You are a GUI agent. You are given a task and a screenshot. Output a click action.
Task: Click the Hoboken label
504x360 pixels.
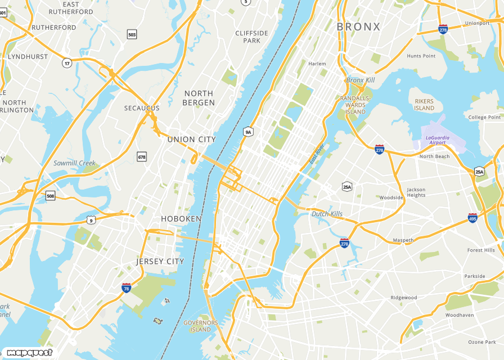pyautogui.click(x=181, y=219)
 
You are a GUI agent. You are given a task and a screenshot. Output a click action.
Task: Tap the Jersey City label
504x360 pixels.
pyautogui.click(x=160, y=262)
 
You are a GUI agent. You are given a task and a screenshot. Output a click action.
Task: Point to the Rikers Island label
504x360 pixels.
pyautogui.click(x=424, y=105)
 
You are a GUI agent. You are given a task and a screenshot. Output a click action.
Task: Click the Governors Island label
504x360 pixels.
pyautogui.click(x=200, y=326)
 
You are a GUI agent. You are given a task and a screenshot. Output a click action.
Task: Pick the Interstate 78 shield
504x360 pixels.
pyautogui.click(x=127, y=288)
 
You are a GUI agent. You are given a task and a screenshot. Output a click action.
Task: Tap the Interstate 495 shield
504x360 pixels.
pyautogui.click(x=472, y=218)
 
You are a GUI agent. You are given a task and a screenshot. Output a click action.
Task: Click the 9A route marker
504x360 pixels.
pyautogui.click(x=248, y=132)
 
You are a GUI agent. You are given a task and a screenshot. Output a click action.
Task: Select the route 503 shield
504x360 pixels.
pyautogui.click(x=132, y=35)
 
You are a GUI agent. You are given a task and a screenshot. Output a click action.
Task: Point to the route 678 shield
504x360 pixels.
pyautogui.click(x=142, y=157)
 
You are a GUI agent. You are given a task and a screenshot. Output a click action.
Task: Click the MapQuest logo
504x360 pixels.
pyautogui.click(x=29, y=353)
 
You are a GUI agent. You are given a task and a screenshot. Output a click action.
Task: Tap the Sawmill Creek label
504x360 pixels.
pyautogui.click(x=75, y=163)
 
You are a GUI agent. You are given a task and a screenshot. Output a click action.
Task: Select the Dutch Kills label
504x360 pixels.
pyautogui.click(x=327, y=214)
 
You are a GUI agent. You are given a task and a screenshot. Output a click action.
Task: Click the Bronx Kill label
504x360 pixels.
pyautogui.click(x=360, y=80)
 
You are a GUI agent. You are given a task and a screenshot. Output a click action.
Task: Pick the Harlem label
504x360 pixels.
pyautogui.click(x=317, y=64)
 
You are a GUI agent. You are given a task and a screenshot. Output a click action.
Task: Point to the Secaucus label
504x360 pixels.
pyautogui.click(x=142, y=108)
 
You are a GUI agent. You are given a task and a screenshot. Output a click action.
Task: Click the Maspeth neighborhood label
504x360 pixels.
pyautogui.click(x=403, y=240)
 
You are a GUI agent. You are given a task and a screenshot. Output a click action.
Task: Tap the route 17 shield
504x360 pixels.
pyautogui.click(x=67, y=63)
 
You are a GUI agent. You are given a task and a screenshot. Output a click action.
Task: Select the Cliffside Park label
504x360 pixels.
pyautogui.click(x=251, y=37)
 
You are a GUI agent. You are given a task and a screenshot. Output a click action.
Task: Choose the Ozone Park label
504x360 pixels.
pyautogui.click(x=482, y=342)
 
